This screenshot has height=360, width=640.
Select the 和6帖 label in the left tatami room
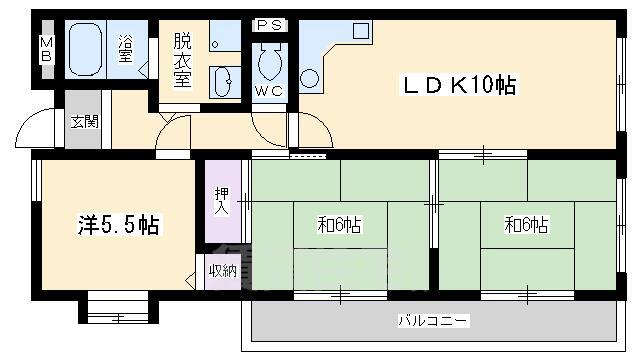click(x=339, y=225)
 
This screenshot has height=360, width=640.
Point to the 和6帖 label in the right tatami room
click(x=527, y=225)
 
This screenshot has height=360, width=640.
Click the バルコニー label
click(x=433, y=321)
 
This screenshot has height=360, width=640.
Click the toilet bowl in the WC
click(x=269, y=62)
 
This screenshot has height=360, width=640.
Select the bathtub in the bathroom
click(x=87, y=47)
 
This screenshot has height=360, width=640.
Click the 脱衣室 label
click(x=182, y=61)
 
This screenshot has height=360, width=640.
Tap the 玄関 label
click(x=84, y=122)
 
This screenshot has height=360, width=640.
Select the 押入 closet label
click(x=222, y=200)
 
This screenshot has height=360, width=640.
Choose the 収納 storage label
click(x=222, y=270)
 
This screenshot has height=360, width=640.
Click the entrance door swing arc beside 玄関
click(x=35, y=128)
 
